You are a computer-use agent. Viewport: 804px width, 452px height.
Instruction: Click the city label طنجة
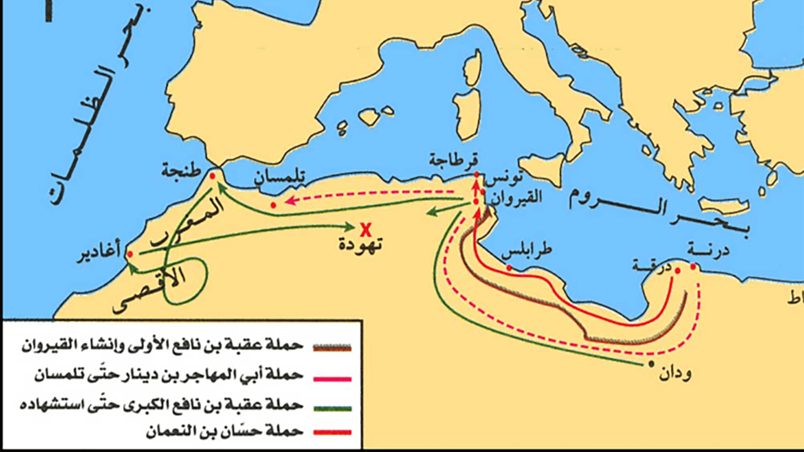[181, 171]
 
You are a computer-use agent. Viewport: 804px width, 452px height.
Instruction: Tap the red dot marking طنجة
[212, 176]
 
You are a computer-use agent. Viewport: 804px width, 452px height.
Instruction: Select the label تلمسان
[279, 177]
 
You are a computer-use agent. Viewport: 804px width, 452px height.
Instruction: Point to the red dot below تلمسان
[273, 205]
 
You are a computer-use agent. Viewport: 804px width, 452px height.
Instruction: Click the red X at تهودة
[366, 230]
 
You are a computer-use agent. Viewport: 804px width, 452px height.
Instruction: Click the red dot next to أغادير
[130, 254]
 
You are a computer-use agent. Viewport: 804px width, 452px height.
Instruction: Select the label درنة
[708, 250]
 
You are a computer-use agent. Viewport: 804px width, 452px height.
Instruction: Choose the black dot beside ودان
[651, 364]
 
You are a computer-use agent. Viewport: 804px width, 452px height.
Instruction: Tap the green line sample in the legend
[332, 408]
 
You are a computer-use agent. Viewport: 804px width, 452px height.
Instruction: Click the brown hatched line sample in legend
[332, 347]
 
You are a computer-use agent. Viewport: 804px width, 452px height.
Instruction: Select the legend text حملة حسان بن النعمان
[224, 431]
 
